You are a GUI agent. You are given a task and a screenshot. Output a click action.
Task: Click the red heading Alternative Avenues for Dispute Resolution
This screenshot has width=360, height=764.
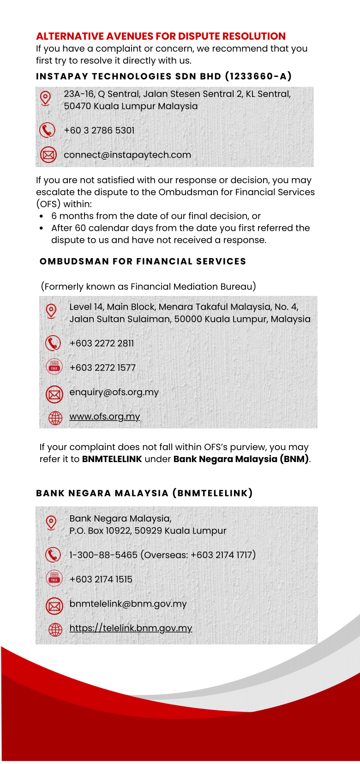click(x=161, y=36)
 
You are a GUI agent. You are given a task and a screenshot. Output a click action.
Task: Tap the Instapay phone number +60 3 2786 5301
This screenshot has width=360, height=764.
click(x=99, y=131)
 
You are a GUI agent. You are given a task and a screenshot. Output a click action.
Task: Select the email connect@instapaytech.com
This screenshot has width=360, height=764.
click(x=127, y=155)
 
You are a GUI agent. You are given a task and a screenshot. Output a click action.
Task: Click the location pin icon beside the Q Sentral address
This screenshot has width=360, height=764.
click(x=45, y=98)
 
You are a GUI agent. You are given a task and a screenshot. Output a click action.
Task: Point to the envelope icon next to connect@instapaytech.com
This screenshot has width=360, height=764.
click(x=48, y=155)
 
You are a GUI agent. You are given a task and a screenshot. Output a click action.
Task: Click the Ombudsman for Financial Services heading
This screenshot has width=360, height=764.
click(x=143, y=262)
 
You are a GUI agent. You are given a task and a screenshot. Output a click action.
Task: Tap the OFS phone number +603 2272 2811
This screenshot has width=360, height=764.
click(x=102, y=343)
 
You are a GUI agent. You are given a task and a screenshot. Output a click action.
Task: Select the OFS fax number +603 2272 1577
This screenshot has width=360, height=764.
click(x=102, y=368)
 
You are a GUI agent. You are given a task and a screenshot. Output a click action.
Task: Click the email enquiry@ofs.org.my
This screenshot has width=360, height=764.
click(x=114, y=392)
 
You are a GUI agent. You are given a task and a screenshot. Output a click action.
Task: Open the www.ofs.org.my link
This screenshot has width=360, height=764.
click(x=105, y=416)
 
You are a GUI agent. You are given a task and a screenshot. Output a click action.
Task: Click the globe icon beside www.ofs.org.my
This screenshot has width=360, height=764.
click(x=55, y=418)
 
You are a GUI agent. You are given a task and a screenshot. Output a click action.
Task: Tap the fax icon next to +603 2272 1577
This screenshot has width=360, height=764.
click(x=54, y=367)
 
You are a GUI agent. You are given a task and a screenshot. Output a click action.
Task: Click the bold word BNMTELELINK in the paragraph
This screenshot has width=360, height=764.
click(x=112, y=459)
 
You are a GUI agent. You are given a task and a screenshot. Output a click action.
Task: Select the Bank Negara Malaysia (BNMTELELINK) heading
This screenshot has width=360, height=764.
click(x=144, y=493)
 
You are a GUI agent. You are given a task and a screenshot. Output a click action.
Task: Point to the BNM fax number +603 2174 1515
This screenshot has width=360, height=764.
click(x=101, y=579)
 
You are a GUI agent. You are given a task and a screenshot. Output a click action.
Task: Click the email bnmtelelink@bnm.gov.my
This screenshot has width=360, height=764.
click(x=128, y=604)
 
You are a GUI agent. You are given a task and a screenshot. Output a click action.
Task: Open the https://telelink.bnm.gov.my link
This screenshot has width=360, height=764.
click(x=131, y=628)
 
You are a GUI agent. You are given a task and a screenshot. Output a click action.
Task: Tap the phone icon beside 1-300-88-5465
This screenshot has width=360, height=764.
click(x=53, y=554)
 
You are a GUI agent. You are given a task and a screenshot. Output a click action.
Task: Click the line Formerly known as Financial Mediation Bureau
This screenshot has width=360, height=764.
click(x=148, y=287)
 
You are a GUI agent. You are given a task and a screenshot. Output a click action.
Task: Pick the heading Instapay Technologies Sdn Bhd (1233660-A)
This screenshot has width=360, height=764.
click(x=164, y=77)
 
